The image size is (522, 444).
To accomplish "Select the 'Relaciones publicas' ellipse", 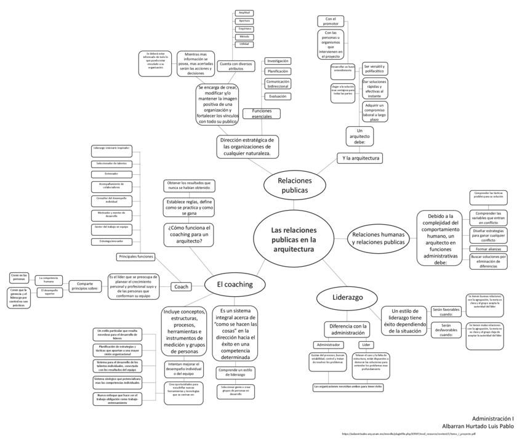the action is pos(295,185).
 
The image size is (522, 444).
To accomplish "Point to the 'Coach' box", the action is pos(181,286).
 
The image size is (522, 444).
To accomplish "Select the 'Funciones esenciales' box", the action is pos(262,114).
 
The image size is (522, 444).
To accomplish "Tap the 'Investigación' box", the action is pos(278,61).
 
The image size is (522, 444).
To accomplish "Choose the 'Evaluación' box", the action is pos(277,96).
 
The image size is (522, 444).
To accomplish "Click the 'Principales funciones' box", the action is pos(137,256).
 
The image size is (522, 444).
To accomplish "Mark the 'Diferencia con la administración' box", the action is pos(348,329).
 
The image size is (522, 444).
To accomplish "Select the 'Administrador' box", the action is pos(326,345).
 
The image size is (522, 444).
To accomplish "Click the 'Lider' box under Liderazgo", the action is pos(366,345).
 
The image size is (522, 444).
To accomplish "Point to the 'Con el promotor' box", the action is pos(331,21).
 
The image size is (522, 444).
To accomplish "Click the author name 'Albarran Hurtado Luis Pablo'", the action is pos(478,426).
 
